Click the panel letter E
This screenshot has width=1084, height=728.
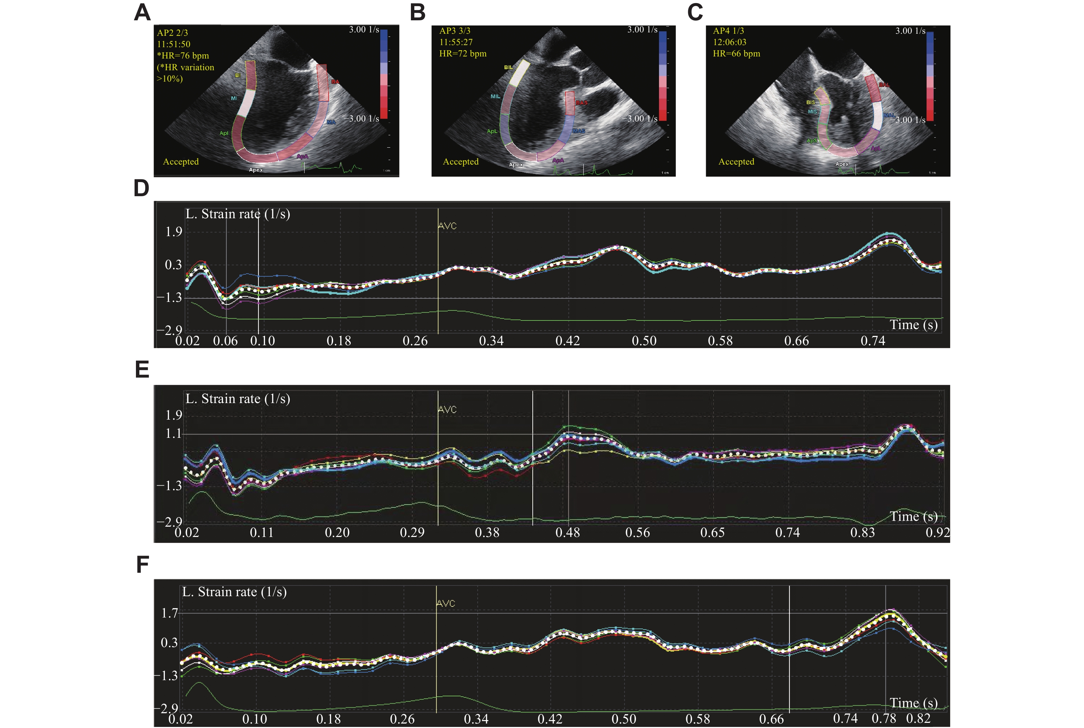[x=142, y=370]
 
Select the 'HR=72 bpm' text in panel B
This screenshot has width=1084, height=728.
[x=463, y=53]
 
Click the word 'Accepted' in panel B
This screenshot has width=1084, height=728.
[x=460, y=161]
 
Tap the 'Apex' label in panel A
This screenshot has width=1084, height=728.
[x=256, y=170]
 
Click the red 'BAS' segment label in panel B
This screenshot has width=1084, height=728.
[x=582, y=103]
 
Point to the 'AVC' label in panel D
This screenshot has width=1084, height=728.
[x=447, y=226]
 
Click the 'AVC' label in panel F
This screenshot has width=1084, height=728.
[x=446, y=604]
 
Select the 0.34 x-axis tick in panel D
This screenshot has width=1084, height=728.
[x=491, y=341]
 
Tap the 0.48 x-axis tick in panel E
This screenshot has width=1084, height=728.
[x=567, y=532]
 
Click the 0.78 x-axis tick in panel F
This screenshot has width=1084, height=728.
[x=883, y=719]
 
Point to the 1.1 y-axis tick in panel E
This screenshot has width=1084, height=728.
[x=173, y=434]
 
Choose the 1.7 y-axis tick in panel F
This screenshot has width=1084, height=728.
[x=169, y=613]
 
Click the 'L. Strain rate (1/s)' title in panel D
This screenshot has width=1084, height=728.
[x=237, y=214]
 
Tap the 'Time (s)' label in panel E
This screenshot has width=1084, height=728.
[x=913, y=517]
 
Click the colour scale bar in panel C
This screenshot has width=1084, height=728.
[x=930, y=76]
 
